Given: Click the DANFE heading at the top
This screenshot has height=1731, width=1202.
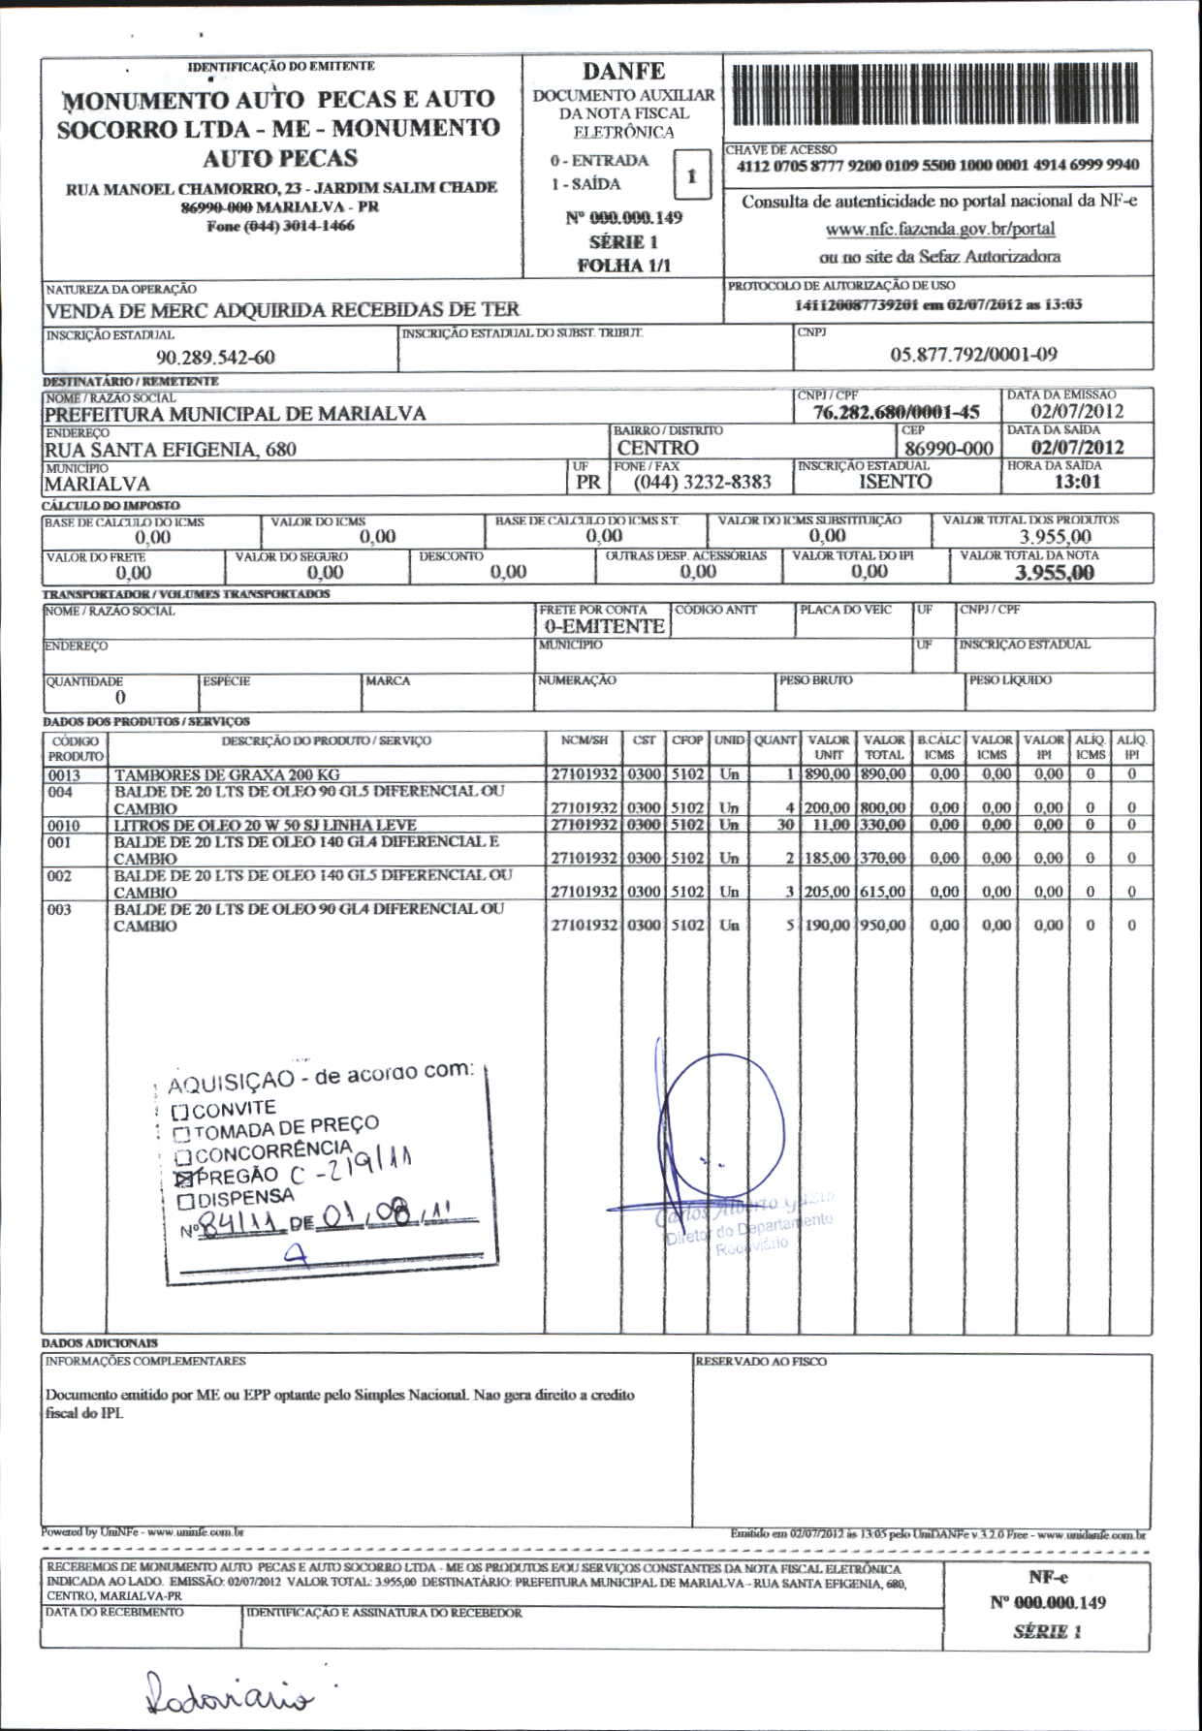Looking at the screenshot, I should pyautogui.click(x=623, y=72).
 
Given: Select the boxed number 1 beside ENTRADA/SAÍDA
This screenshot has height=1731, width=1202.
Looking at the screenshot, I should pyautogui.click(x=691, y=176).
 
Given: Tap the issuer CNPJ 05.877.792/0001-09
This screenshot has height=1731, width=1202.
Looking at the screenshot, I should pyautogui.click(x=973, y=355).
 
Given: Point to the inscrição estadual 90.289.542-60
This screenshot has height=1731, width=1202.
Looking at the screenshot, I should pyautogui.click(x=215, y=358).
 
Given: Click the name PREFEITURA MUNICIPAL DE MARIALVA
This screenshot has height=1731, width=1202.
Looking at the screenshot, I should pyautogui.click(x=236, y=414).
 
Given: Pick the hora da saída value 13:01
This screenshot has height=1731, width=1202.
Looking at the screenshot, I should pyautogui.click(x=1077, y=482).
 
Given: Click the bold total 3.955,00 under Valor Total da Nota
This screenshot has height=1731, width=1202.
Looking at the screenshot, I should pyautogui.click(x=1054, y=573).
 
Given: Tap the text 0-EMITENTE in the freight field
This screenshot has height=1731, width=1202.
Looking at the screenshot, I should pyautogui.click(x=604, y=626).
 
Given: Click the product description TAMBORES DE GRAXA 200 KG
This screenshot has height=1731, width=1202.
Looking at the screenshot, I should pyautogui.click(x=227, y=775).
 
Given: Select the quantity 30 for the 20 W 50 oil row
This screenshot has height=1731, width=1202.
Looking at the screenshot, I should pyautogui.click(x=785, y=825).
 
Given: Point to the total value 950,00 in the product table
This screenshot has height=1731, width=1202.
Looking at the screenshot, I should pyautogui.click(x=882, y=926).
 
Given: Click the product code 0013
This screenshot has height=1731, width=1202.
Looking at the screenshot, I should pyautogui.click(x=64, y=775).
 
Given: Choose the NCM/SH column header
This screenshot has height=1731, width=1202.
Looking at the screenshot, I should pyautogui.click(x=584, y=740).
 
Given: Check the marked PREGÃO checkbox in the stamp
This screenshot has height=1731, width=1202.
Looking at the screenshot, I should pyautogui.click(x=182, y=1180).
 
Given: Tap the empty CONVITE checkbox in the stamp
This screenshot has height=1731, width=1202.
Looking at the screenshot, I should pyautogui.click(x=179, y=1111).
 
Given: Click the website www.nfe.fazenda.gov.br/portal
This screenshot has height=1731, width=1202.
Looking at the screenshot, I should pyautogui.click(x=939, y=230).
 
